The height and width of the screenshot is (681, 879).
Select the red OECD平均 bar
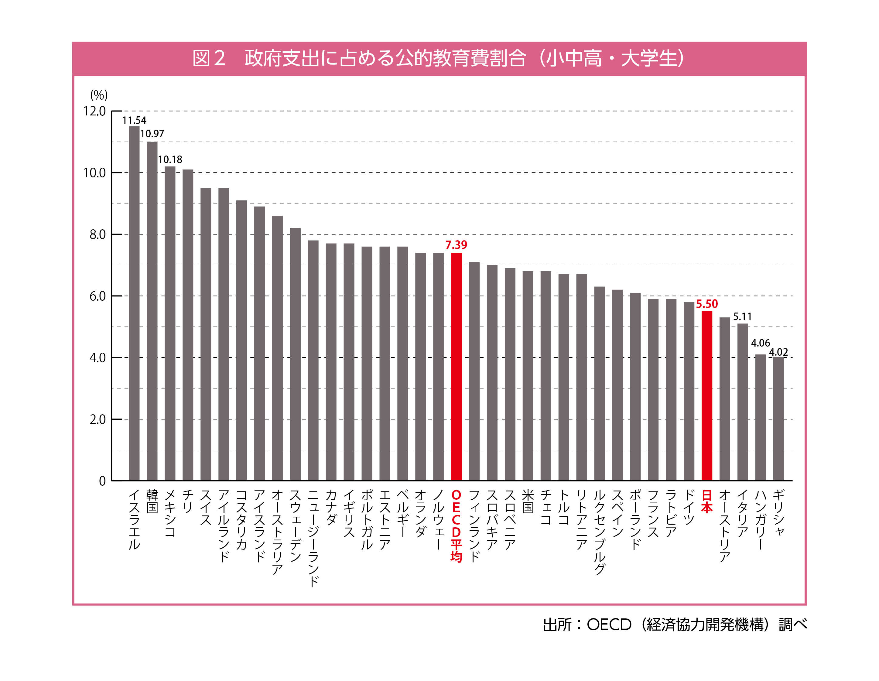[x=456, y=366]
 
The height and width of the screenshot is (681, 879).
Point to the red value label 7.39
[x=456, y=245]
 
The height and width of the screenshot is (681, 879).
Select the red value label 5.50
[x=707, y=304]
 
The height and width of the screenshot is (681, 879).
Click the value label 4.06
[x=760, y=343]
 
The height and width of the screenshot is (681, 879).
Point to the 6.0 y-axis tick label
[x=97, y=296]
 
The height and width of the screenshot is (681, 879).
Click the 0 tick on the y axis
[x=102, y=481]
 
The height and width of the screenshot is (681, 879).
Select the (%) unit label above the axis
[x=99, y=95]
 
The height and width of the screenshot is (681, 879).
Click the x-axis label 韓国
[x=152, y=501]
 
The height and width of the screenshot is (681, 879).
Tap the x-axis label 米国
[x=528, y=501]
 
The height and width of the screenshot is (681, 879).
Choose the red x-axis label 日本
[x=707, y=501]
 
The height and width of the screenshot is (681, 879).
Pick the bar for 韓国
[x=152, y=311]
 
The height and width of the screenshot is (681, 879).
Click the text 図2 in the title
[x=208, y=58]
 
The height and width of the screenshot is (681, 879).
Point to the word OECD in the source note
[x=609, y=624]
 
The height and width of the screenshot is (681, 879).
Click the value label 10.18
[x=170, y=159]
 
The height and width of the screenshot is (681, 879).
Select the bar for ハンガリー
[x=760, y=417]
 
